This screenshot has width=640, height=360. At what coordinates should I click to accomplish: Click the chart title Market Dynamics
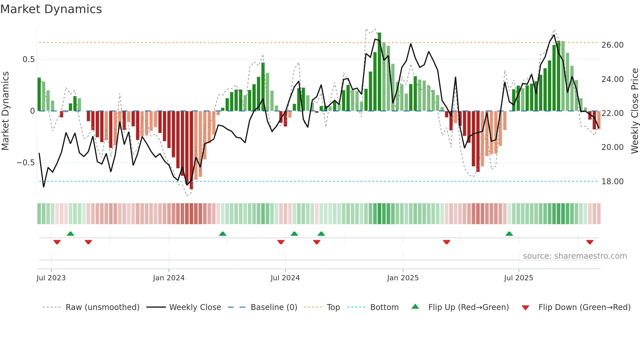51,9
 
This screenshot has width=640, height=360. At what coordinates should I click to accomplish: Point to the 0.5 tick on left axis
28,59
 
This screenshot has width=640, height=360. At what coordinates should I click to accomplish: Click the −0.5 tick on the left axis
26,163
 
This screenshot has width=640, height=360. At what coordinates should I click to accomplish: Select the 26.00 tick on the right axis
612,45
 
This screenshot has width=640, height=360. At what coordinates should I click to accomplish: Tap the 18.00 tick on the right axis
612,182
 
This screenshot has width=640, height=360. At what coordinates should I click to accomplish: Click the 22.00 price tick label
612,113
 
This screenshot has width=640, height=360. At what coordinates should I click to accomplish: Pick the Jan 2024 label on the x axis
168,278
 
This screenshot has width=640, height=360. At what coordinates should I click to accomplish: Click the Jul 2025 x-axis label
518,278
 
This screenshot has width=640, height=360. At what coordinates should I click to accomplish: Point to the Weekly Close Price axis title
634,111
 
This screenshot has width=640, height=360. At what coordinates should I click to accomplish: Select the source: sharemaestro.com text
575,256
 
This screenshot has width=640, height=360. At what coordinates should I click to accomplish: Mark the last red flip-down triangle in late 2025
590,242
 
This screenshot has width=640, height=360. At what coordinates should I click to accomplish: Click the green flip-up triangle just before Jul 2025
509,234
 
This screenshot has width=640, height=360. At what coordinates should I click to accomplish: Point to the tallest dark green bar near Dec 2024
379,72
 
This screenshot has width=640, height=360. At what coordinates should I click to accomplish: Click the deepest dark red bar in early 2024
191,150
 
